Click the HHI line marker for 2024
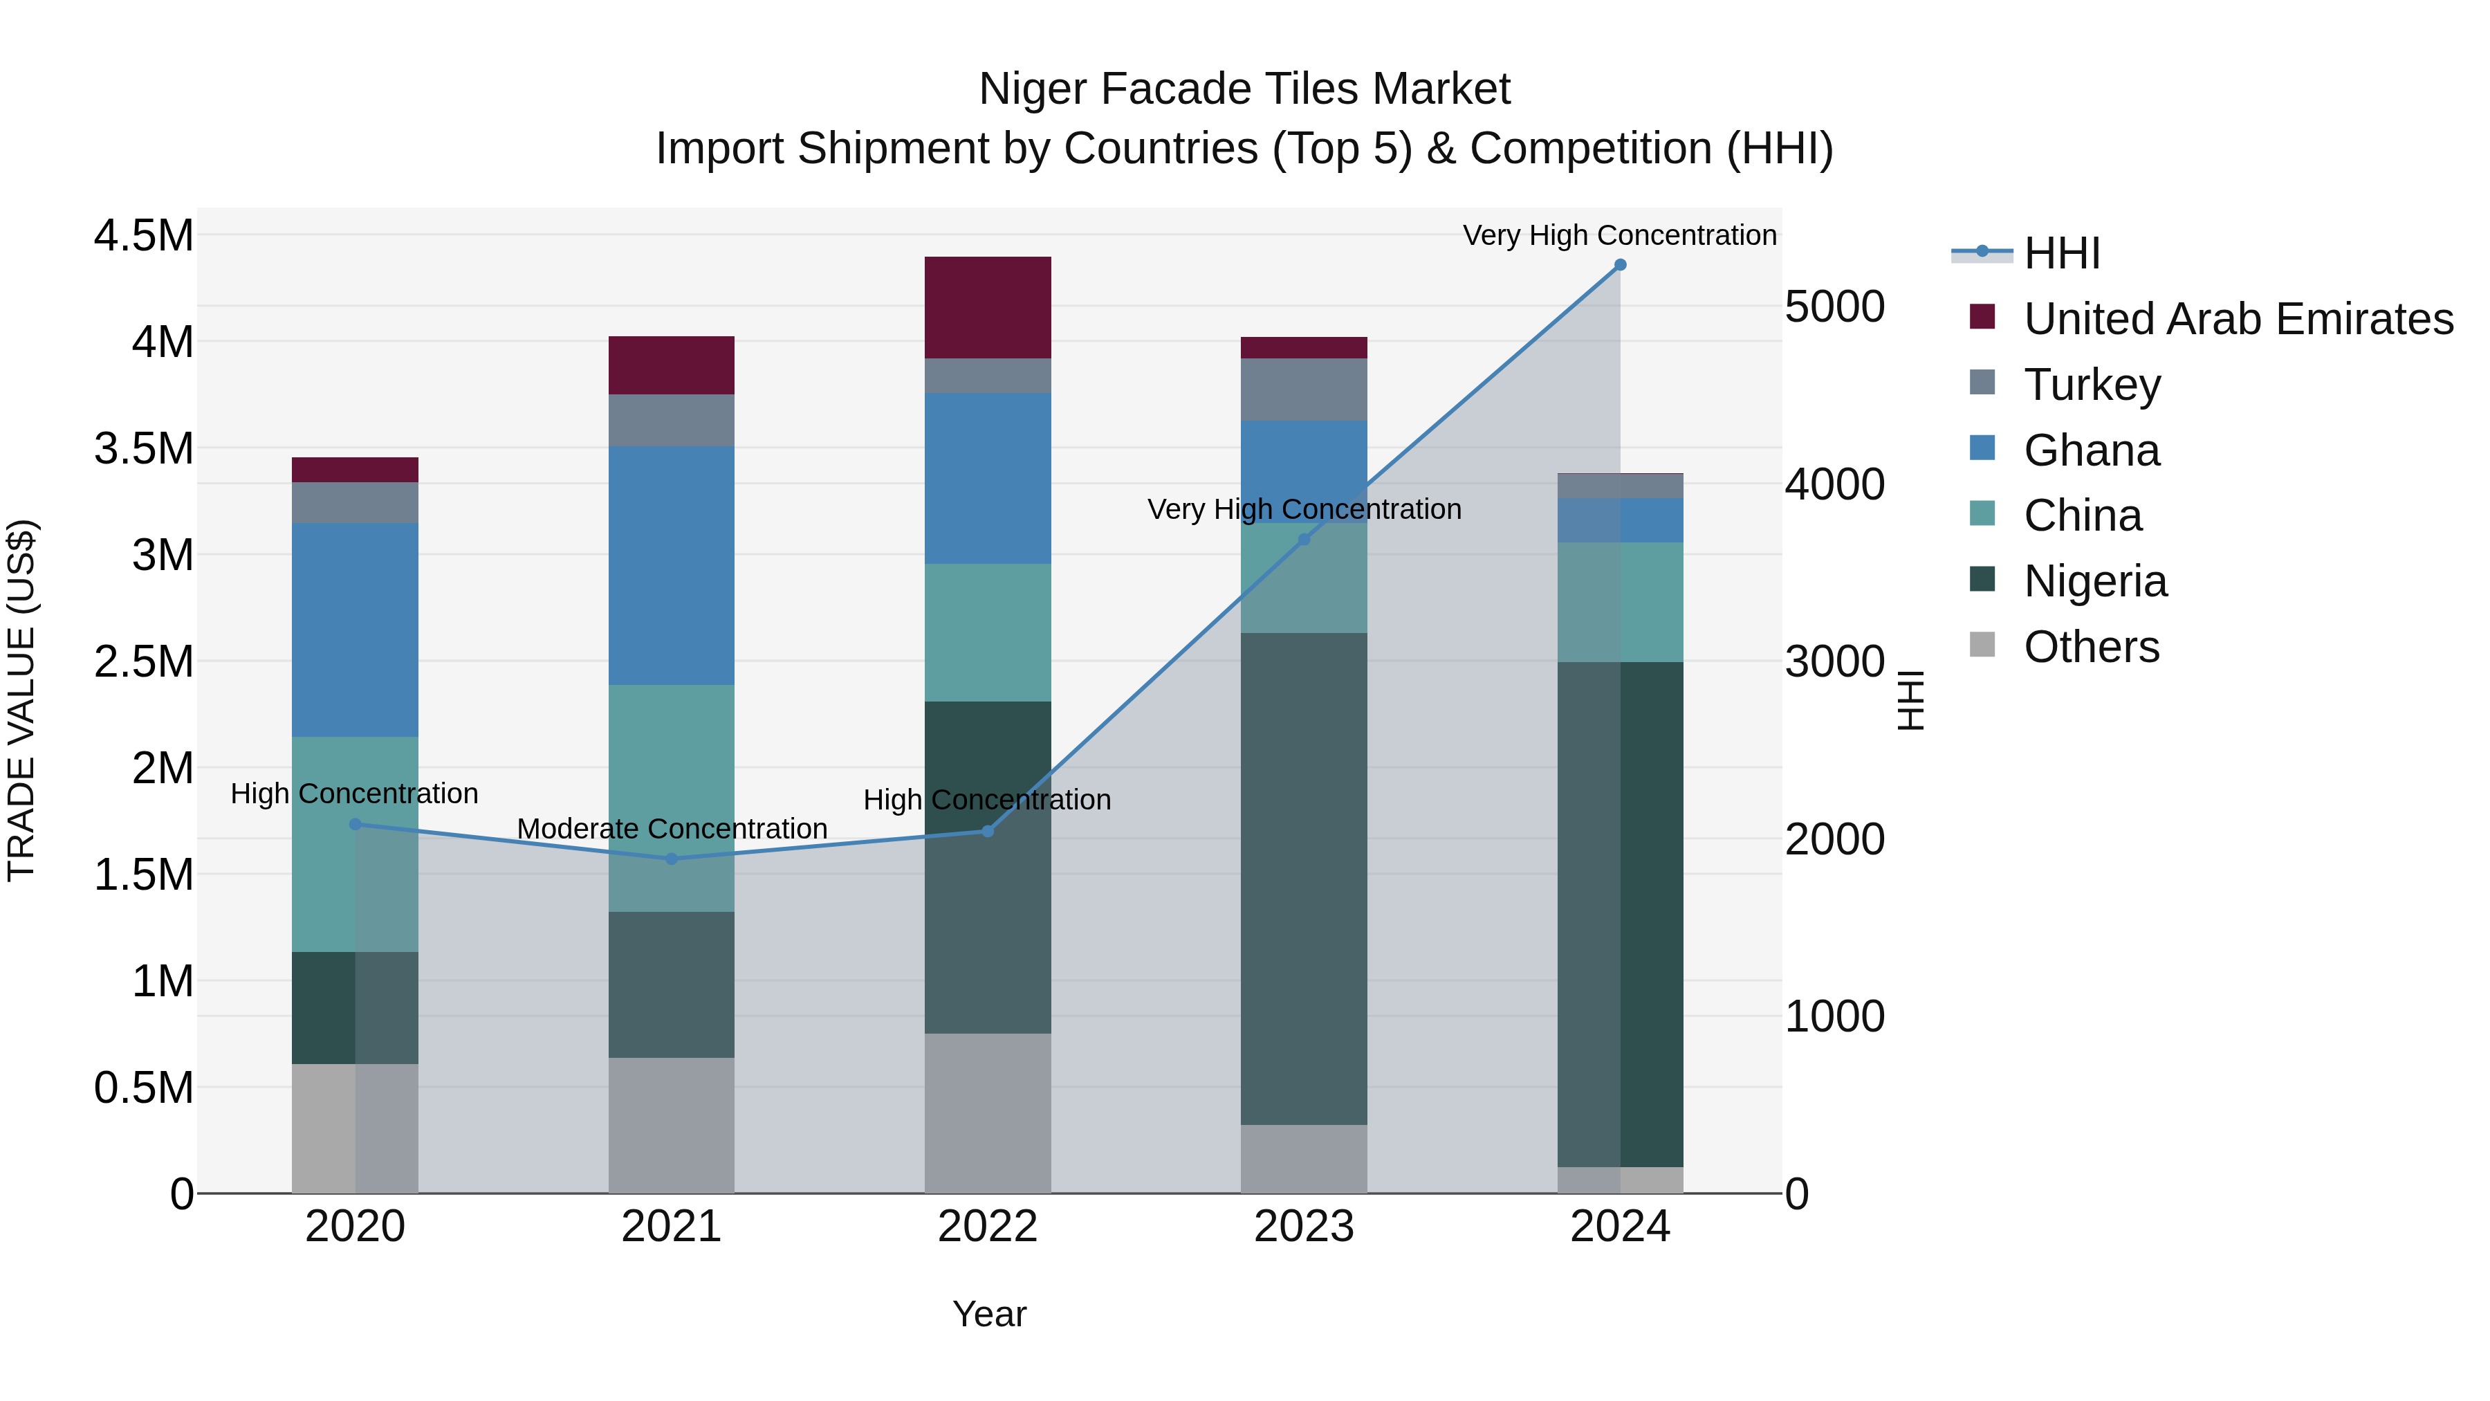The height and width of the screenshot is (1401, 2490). (x=1620, y=265)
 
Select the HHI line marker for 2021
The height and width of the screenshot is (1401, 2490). (x=672, y=859)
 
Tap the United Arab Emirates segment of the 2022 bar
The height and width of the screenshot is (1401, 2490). (x=988, y=307)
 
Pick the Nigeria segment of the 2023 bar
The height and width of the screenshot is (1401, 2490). (x=1304, y=878)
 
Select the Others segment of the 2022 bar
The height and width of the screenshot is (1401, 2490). (x=988, y=1113)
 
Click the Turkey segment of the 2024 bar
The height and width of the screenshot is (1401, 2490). (x=1620, y=486)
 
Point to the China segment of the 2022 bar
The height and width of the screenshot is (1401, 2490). (x=988, y=632)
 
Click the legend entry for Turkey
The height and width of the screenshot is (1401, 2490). (x=2091, y=385)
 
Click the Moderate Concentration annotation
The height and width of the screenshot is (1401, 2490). (x=672, y=829)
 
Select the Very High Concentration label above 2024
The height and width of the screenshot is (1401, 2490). (x=1619, y=235)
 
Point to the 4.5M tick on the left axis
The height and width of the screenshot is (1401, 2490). (x=143, y=235)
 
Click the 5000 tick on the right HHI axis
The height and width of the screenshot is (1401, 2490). (x=1834, y=306)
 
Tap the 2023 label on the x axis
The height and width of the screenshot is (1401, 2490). (x=1304, y=1227)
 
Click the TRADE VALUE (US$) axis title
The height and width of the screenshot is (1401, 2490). (x=21, y=700)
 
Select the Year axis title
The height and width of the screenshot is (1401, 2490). (x=989, y=1314)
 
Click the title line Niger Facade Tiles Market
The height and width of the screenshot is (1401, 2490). (x=1244, y=89)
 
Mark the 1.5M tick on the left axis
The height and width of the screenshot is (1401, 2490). (x=143, y=874)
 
